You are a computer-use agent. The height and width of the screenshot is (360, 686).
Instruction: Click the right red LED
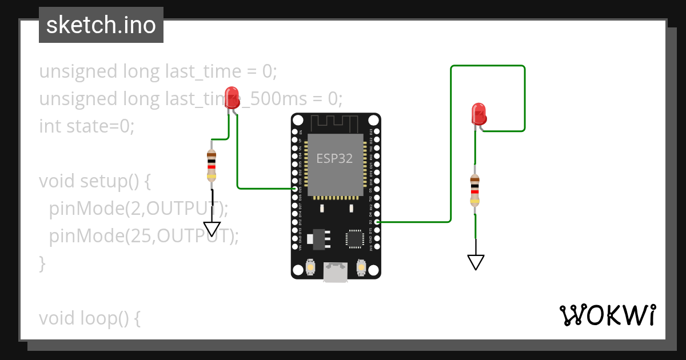pos(479,113)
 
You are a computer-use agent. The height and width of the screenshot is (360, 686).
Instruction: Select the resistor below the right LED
pos(474,189)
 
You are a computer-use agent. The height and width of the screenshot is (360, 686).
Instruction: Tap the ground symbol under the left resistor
pos(212,229)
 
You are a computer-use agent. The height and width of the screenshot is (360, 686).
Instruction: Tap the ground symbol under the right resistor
pos(476,262)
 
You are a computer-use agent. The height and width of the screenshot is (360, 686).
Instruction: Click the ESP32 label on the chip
pos(335,158)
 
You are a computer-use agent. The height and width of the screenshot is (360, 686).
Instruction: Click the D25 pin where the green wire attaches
pos(295,189)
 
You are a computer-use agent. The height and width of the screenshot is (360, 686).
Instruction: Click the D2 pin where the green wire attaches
pos(376,222)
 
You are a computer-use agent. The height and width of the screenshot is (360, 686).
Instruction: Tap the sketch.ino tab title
pos(101,25)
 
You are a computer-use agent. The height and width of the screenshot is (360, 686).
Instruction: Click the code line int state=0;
pos(87,126)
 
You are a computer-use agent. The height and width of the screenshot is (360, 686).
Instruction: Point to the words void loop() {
pos(89,318)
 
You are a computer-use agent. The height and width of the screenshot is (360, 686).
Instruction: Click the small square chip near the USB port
pos(354,239)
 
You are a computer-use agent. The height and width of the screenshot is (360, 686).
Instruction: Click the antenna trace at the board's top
pos(335,122)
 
